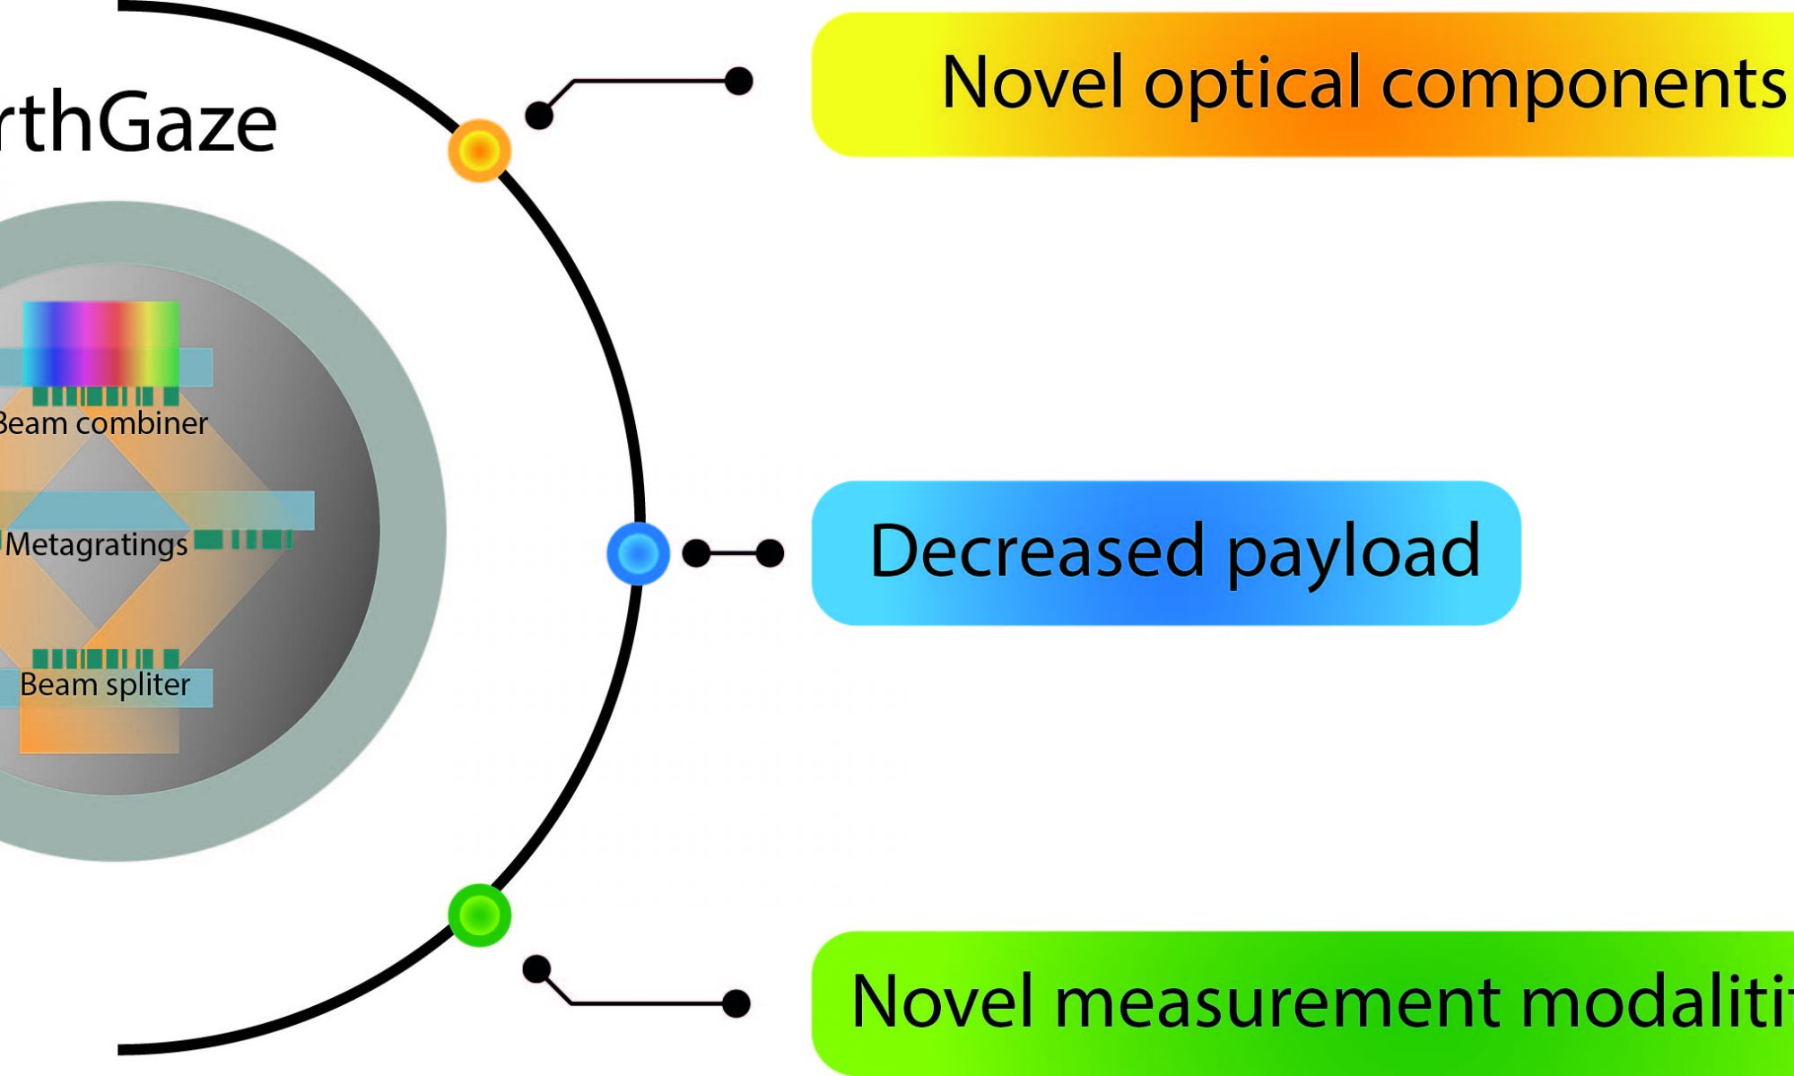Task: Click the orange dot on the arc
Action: [x=479, y=151]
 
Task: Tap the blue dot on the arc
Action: [x=638, y=553]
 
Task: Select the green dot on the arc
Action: [x=479, y=915]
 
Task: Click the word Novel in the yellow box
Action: [x=1032, y=82]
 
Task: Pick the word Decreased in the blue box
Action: [x=1036, y=551]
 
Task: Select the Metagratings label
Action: [x=97, y=545]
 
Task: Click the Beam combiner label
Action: [x=102, y=423]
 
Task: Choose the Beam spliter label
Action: [x=105, y=685]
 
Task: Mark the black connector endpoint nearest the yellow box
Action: [x=738, y=81]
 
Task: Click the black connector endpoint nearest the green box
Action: [x=736, y=1003]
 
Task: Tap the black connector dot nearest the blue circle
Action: [x=696, y=553]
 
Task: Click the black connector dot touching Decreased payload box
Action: [x=770, y=553]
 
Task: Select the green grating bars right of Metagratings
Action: [x=243, y=539]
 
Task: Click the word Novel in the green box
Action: [x=942, y=1002]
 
